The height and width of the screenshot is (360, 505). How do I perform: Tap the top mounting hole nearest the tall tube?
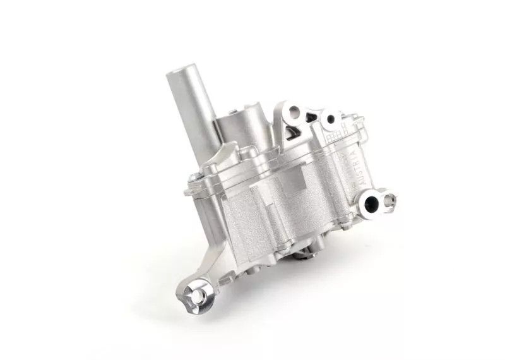pyautogui.click(x=292, y=114)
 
